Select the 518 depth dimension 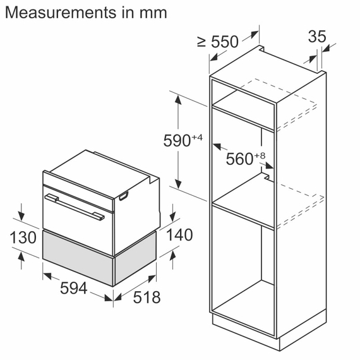tap(147, 296)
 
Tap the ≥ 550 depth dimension tap(218, 42)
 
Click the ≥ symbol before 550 tap(201, 42)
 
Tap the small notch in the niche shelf tap(267, 169)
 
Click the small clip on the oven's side tap(123, 196)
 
